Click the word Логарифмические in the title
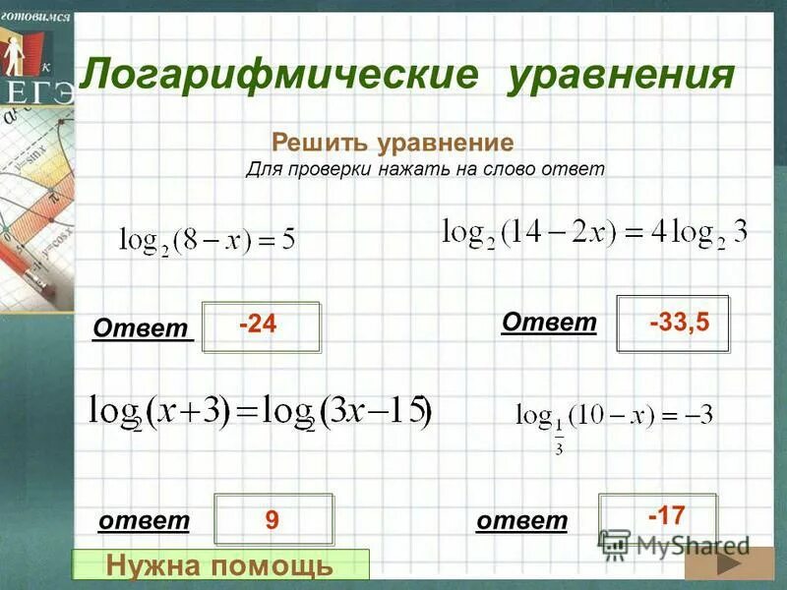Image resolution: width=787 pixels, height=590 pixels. tap(279, 75)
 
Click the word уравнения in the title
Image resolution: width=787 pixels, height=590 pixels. tap(621, 75)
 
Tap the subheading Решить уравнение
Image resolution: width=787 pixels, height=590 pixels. tap(393, 144)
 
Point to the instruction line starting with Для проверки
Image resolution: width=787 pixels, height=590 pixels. tap(424, 169)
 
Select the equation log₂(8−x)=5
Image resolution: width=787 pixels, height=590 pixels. tap(207, 239)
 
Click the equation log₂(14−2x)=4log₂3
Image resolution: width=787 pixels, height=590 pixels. tap(594, 233)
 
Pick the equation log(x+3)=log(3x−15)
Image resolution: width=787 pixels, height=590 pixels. tap(261, 410)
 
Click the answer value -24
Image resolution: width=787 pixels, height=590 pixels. tap(258, 324)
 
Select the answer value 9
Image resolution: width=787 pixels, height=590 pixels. tap(272, 521)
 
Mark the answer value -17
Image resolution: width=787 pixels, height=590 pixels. tap(665, 513)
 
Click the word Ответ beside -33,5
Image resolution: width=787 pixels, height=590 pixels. tap(549, 322)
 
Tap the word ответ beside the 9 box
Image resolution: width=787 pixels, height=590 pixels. tap(144, 521)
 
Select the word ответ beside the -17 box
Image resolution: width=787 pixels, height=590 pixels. tap(521, 521)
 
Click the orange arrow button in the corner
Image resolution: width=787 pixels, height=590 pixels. tap(729, 565)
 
